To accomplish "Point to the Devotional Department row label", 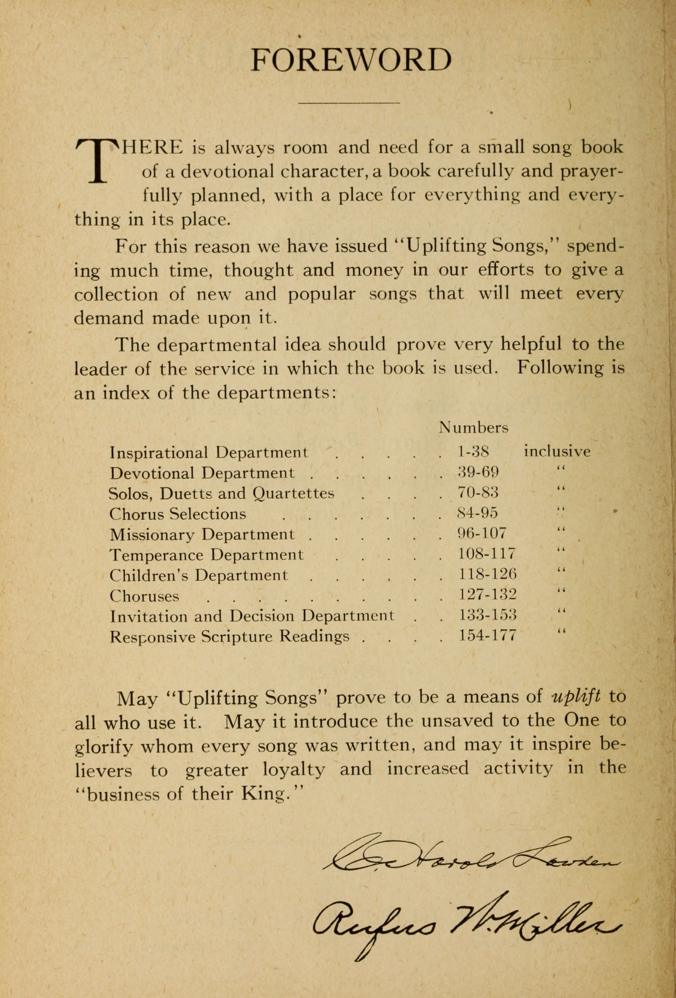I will coord(202,473).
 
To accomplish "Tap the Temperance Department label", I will coord(206,555).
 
